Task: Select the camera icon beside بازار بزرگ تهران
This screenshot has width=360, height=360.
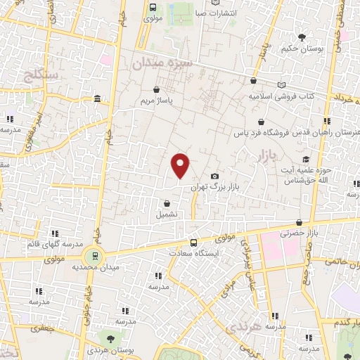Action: pyautogui.click(x=214, y=176)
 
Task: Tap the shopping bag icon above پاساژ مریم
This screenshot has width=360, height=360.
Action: pyautogui.click(x=156, y=89)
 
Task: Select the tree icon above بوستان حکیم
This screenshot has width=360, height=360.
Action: pyautogui.click(x=302, y=37)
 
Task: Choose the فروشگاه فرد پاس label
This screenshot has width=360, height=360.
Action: pyautogui.click(x=292, y=131)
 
